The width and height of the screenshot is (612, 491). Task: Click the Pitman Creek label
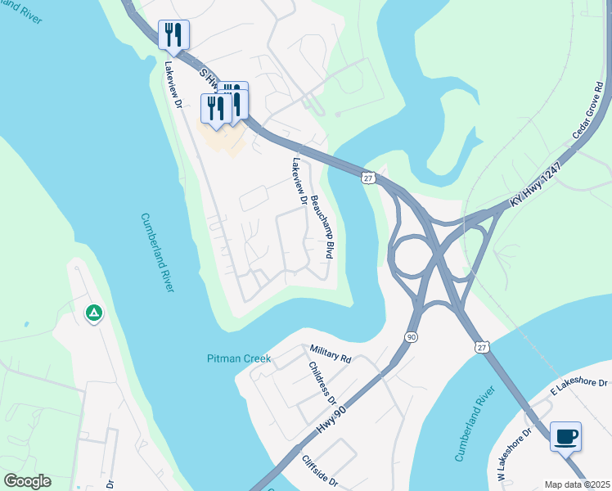pos(238,358)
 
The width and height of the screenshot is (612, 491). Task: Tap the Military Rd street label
pos(330,354)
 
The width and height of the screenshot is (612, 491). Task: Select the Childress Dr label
pos(319,382)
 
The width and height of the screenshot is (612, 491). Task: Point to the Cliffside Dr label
pos(319,472)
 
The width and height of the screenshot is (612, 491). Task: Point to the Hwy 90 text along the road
pos(331,421)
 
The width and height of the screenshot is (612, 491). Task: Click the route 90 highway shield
pos(411,336)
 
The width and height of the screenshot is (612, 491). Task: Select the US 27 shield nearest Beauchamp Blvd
pos(369,177)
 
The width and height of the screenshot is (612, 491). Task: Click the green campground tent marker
pos(93,313)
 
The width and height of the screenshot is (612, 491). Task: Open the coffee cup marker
pos(565,436)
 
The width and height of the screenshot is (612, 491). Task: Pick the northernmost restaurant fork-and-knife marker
pos(173,34)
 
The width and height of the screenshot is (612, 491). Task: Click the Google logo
pos(27,481)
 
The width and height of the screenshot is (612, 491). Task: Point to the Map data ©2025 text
pos(576,484)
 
